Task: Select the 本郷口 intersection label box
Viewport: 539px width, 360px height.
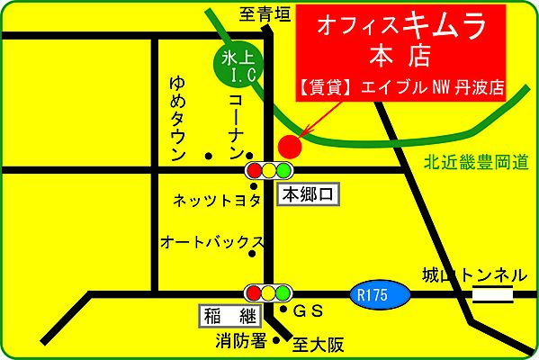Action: tap(308, 193)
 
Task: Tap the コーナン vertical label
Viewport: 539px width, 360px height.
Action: tap(235, 116)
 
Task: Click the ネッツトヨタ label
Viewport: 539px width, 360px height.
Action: tap(216, 199)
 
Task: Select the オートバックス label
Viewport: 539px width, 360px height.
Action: tap(211, 242)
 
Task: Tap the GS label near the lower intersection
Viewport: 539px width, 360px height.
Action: tap(309, 312)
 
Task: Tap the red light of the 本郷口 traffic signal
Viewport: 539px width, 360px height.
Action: tap(254, 169)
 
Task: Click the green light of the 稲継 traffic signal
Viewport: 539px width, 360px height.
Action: tap(285, 292)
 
